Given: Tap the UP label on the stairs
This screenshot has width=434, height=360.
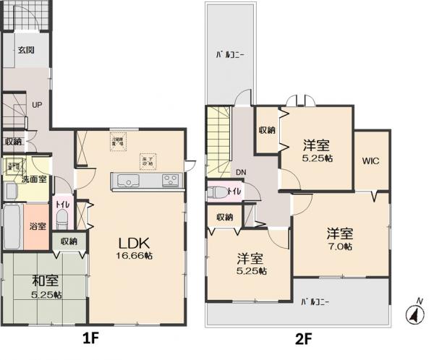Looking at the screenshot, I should click(37, 104).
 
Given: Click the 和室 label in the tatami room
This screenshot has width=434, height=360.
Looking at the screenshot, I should click(45, 281).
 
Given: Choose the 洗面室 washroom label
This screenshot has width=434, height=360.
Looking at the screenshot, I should click(34, 178).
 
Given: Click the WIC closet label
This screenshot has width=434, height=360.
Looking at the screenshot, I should click(372, 160).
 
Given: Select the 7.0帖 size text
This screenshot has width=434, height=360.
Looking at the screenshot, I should click(339, 247).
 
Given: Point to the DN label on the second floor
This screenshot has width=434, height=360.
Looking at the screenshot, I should click(241, 172).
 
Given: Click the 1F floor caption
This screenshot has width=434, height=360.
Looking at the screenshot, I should click(93, 337).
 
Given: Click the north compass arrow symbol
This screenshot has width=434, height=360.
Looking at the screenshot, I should click(414, 313).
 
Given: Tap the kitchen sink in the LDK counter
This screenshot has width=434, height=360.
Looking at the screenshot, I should click(124, 181).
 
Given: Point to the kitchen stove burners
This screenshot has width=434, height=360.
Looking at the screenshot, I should click(170, 181).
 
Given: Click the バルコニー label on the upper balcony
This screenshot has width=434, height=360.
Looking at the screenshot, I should click(228, 54).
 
